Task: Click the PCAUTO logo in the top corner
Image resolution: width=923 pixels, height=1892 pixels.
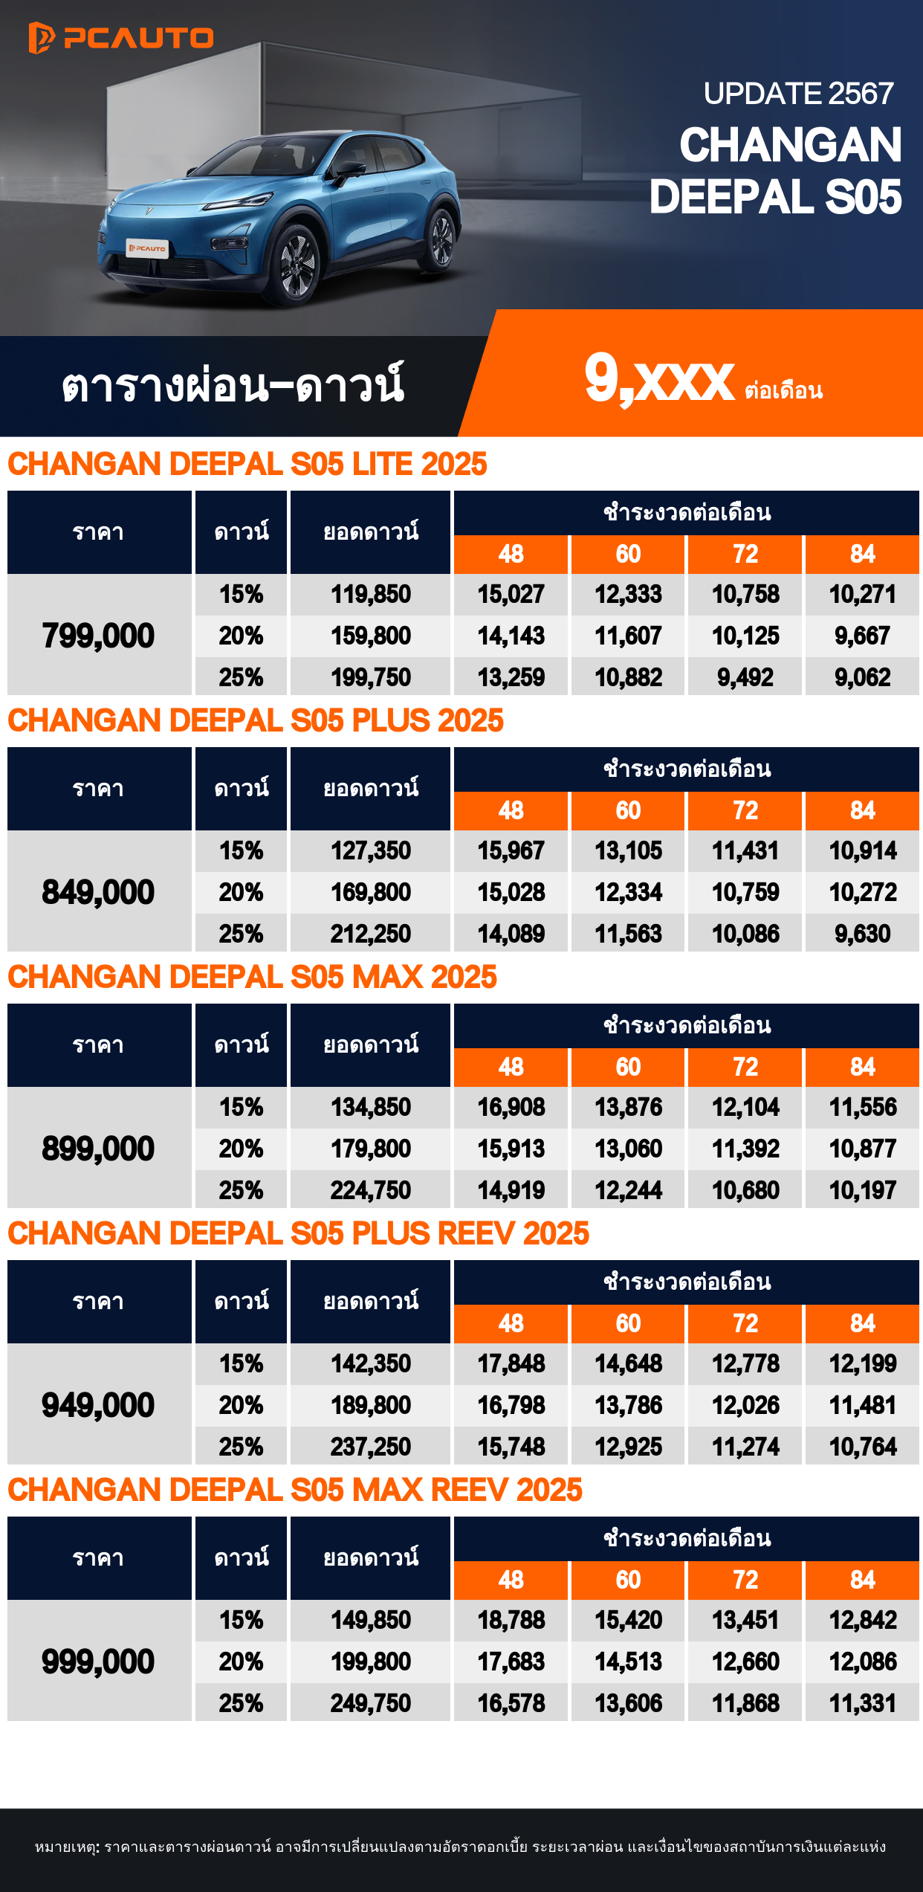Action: pyautogui.click(x=121, y=38)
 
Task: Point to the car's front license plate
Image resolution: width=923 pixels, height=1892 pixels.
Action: pyautogui.click(x=147, y=248)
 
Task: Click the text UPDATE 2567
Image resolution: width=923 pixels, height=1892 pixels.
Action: pyautogui.click(x=798, y=94)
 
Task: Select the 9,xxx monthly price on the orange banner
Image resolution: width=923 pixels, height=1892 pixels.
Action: pyautogui.click(x=659, y=379)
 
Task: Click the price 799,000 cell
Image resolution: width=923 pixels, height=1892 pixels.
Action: pyautogui.click(x=98, y=636)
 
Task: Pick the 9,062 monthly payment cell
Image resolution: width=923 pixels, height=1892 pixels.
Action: pyautogui.click(x=862, y=677)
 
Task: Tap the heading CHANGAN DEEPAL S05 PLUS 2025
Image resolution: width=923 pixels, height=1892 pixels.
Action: pyautogui.click(x=256, y=720)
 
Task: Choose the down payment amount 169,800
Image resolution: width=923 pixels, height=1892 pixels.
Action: pyautogui.click(x=370, y=892)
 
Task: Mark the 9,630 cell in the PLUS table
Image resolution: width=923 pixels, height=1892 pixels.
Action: pyautogui.click(x=862, y=934)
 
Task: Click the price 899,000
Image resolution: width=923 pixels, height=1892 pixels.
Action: pyautogui.click(x=98, y=1149)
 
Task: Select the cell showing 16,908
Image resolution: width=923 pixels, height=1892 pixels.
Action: pyautogui.click(x=511, y=1107)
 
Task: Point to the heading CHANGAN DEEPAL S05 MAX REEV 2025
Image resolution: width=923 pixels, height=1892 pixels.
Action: pyautogui.click(x=295, y=1490)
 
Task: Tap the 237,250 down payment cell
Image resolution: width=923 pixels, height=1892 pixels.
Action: pyautogui.click(x=370, y=1447)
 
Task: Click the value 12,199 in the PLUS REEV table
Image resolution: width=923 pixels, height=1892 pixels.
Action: pyautogui.click(x=862, y=1363)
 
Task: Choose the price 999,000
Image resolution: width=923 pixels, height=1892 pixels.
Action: pyautogui.click(x=98, y=1662)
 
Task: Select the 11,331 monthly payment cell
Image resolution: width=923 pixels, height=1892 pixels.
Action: pyautogui.click(x=862, y=1703)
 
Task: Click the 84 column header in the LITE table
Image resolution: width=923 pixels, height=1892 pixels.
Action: pyautogui.click(x=862, y=554)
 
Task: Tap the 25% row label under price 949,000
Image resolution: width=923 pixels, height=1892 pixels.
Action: pyautogui.click(x=241, y=1447)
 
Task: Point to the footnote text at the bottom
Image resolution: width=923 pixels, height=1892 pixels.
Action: pyautogui.click(x=461, y=1847)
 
